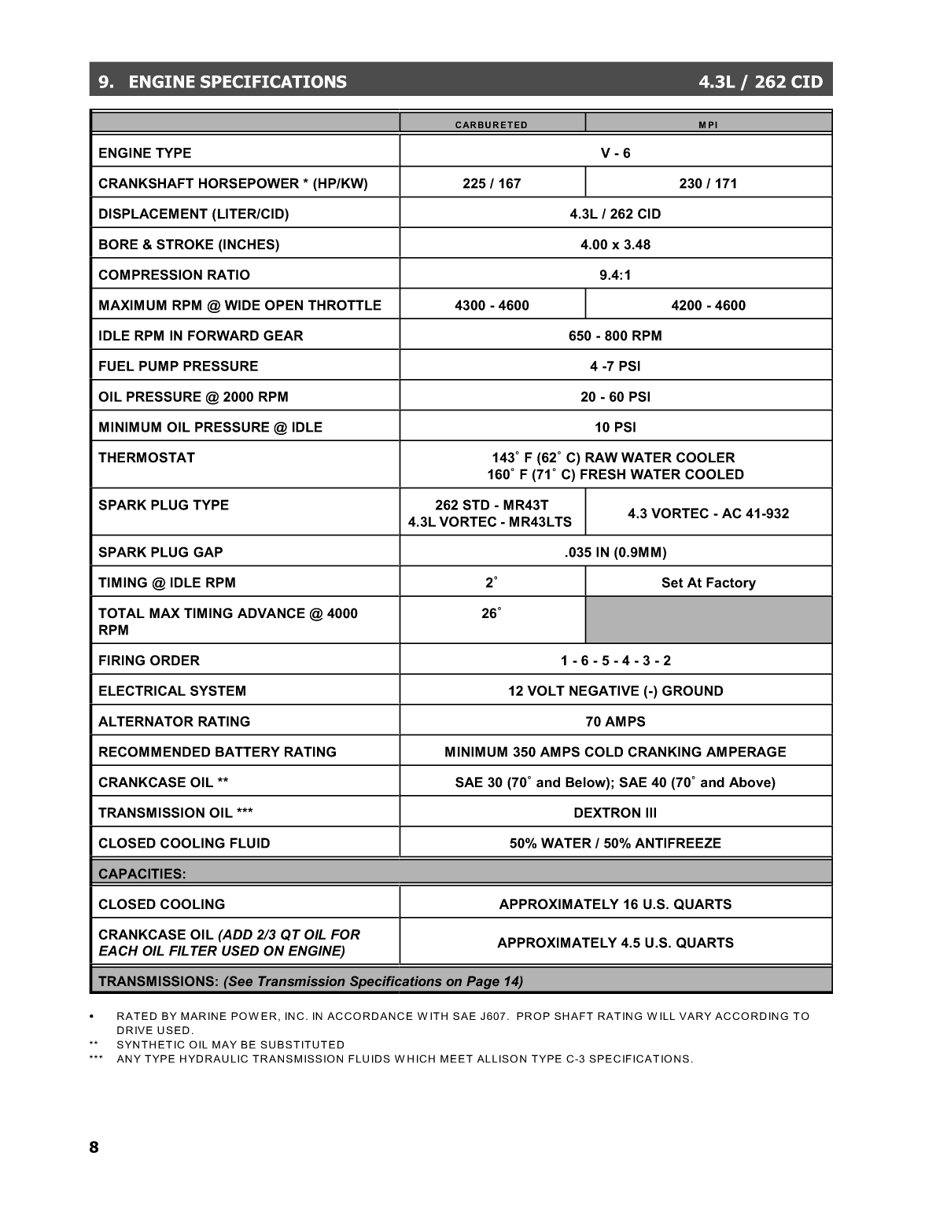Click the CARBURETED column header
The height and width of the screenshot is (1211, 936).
pos(492,125)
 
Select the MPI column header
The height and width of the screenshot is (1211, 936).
pos(708,125)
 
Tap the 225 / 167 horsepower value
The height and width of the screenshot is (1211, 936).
pos(492,184)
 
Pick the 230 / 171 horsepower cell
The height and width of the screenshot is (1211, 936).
pos(708,184)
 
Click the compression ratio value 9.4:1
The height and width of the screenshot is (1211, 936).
pos(615,275)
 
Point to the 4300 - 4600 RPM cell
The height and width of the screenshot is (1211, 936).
pos(492,306)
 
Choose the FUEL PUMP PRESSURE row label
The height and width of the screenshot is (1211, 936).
pos(178,366)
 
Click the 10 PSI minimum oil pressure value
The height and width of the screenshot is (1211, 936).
pos(615,428)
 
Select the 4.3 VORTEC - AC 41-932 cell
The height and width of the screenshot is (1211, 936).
pos(708,513)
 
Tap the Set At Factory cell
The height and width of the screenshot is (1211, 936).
pos(708,583)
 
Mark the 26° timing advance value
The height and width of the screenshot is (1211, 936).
pos(491,614)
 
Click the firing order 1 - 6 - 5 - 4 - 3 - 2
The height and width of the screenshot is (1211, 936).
pos(615,661)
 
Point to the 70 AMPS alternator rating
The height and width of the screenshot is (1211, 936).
pos(615,722)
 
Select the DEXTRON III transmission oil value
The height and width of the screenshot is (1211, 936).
pos(615,813)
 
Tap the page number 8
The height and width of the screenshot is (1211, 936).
pos(94,1147)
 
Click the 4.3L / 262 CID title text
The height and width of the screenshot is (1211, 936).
pos(760,82)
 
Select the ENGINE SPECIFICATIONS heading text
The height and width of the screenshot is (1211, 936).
pos(237,82)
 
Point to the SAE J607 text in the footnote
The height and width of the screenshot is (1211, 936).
pos(450,1016)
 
